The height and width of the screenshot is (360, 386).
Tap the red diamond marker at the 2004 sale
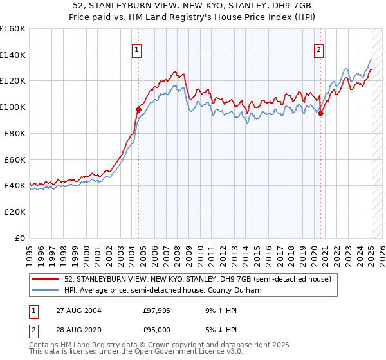pyautogui.click(x=138, y=109)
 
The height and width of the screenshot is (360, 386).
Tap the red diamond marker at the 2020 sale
pyautogui.click(x=321, y=113)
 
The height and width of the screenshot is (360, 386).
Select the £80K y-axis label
pyautogui.click(x=15, y=134)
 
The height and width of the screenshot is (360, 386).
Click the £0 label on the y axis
pyautogui.click(x=20, y=239)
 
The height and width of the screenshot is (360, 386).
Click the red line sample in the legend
pyautogui.click(x=46, y=279)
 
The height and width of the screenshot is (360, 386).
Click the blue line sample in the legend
pyautogui.click(x=46, y=290)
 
